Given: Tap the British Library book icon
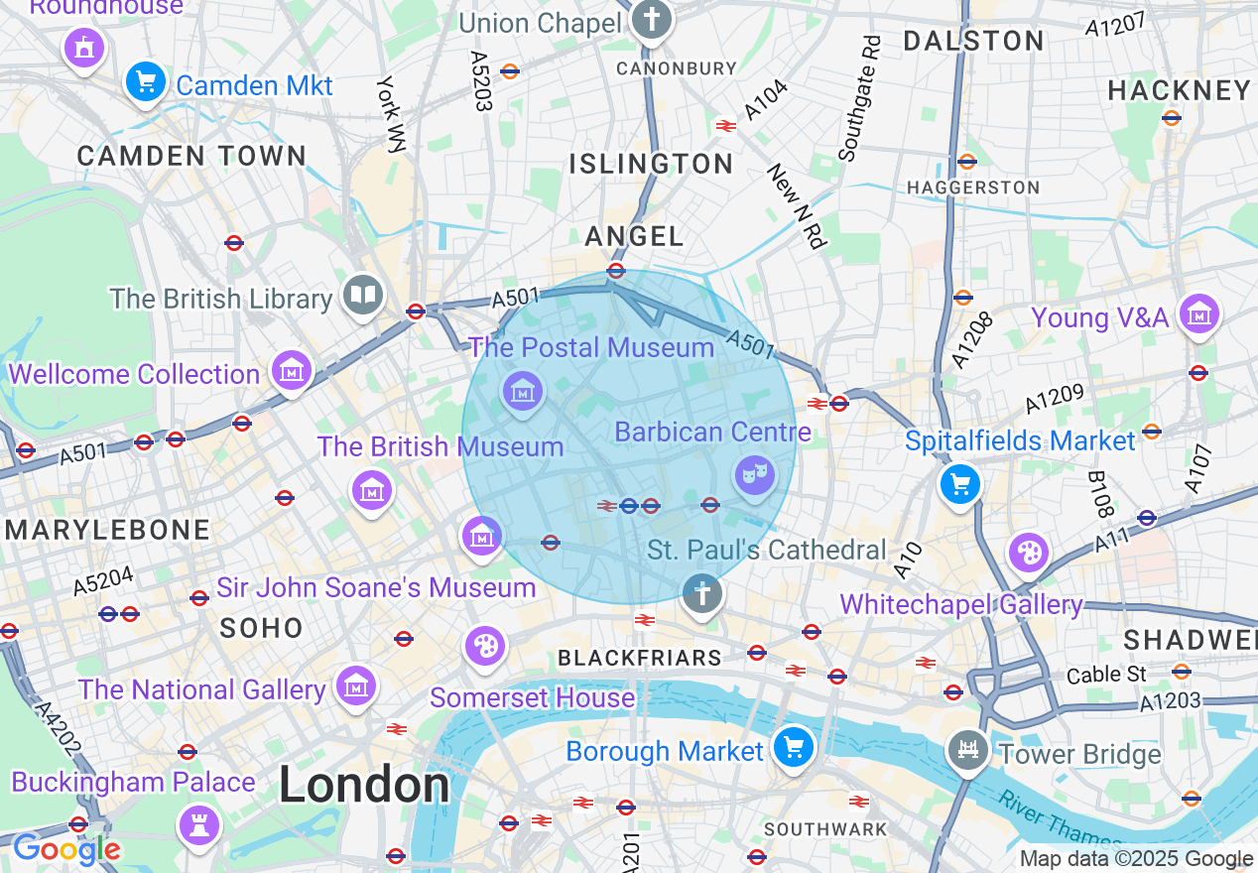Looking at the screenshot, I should [x=363, y=294].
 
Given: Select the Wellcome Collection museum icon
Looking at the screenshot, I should [x=292, y=371].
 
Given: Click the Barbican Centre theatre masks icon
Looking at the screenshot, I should [x=755, y=475].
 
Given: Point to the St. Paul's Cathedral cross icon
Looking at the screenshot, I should [x=702, y=594].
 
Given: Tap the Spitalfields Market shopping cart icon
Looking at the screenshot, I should [x=959, y=484].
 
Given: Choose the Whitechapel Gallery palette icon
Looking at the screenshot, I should [x=1029, y=553].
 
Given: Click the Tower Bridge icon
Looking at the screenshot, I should [x=967, y=750].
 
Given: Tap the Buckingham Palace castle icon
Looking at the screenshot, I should [x=198, y=823].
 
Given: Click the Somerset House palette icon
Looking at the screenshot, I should [x=485, y=646].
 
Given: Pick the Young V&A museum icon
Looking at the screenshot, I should [x=1199, y=314].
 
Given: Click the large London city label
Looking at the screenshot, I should [x=364, y=786].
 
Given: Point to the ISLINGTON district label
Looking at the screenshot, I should [x=652, y=164].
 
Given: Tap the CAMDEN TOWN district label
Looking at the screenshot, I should [x=191, y=156].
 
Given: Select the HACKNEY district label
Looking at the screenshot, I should [x=1179, y=90].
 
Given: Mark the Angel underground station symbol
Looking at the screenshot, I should [x=616, y=270].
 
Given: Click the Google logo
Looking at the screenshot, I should [x=65, y=849].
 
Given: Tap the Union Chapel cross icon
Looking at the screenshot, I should [x=652, y=18].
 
